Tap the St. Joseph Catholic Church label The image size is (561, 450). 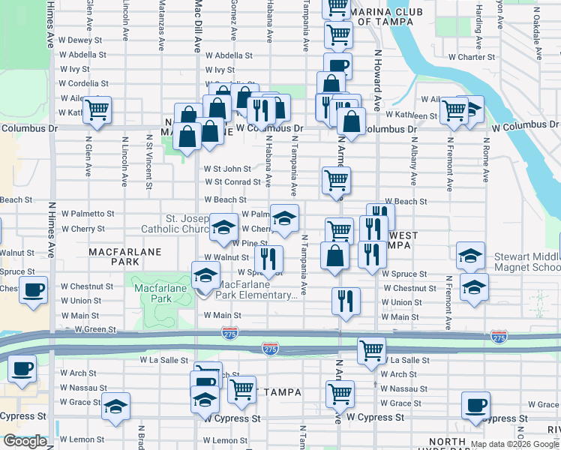point(176,223)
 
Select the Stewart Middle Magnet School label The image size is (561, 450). point(526,262)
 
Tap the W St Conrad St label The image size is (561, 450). point(232,181)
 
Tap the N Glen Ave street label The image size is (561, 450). point(88,155)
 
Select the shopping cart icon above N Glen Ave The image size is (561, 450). point(97,109)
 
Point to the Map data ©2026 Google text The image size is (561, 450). point(514,444)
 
